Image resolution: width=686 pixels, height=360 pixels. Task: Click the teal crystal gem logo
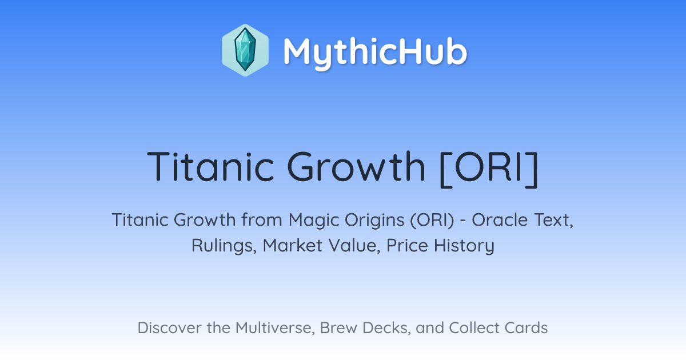(245, 50)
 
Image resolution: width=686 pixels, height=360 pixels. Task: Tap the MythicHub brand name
(375, 52)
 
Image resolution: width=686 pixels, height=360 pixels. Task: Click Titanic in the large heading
(210, 167)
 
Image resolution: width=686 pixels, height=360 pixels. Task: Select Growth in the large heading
(356, 167)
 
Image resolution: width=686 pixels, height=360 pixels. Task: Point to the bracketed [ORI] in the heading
(489, 169)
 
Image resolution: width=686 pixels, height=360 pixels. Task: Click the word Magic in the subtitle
(314, 221)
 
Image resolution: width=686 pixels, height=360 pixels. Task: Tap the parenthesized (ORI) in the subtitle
(432, 221)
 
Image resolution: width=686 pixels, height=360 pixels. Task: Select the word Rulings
(224, 246)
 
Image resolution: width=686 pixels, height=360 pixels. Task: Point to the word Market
(293, 246)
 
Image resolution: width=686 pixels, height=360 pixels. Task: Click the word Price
(407, 246)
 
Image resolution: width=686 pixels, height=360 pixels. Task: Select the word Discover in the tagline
(170, 328)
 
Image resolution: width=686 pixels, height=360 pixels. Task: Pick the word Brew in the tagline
(338, 328)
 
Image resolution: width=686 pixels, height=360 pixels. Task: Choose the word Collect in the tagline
(474, 328)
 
